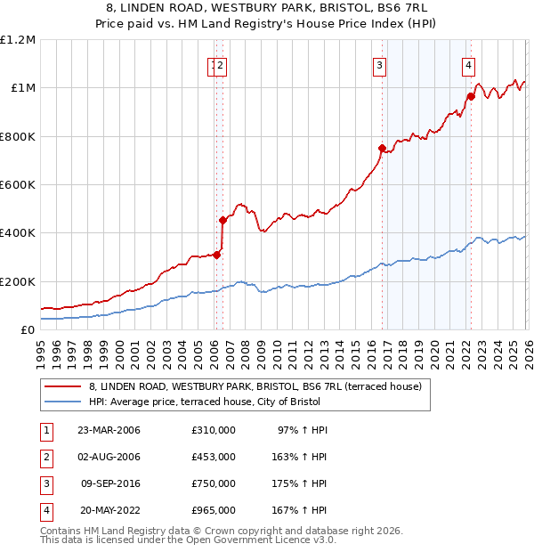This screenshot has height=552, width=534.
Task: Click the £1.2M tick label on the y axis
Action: click(x=18, y=40)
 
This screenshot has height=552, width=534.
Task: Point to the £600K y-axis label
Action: click(x=18, y=185)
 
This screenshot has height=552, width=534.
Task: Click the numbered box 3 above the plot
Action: click(x=380, y=64)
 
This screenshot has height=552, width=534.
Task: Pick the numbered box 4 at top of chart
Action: click(x=468, y=64)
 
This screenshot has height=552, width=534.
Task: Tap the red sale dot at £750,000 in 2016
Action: click(x=382, y=149)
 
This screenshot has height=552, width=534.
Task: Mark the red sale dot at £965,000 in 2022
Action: click(x=471, y=96)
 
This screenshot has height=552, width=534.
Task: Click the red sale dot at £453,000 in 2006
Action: click(x=223, y=220)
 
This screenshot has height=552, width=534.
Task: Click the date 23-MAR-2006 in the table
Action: click(x=109, y=430)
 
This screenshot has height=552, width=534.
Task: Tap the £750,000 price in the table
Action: click(x=213, y=483)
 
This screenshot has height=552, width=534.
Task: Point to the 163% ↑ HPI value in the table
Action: click(x=299, y=457)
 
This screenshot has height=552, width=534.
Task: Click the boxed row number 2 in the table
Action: click(x=46, y=457)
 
